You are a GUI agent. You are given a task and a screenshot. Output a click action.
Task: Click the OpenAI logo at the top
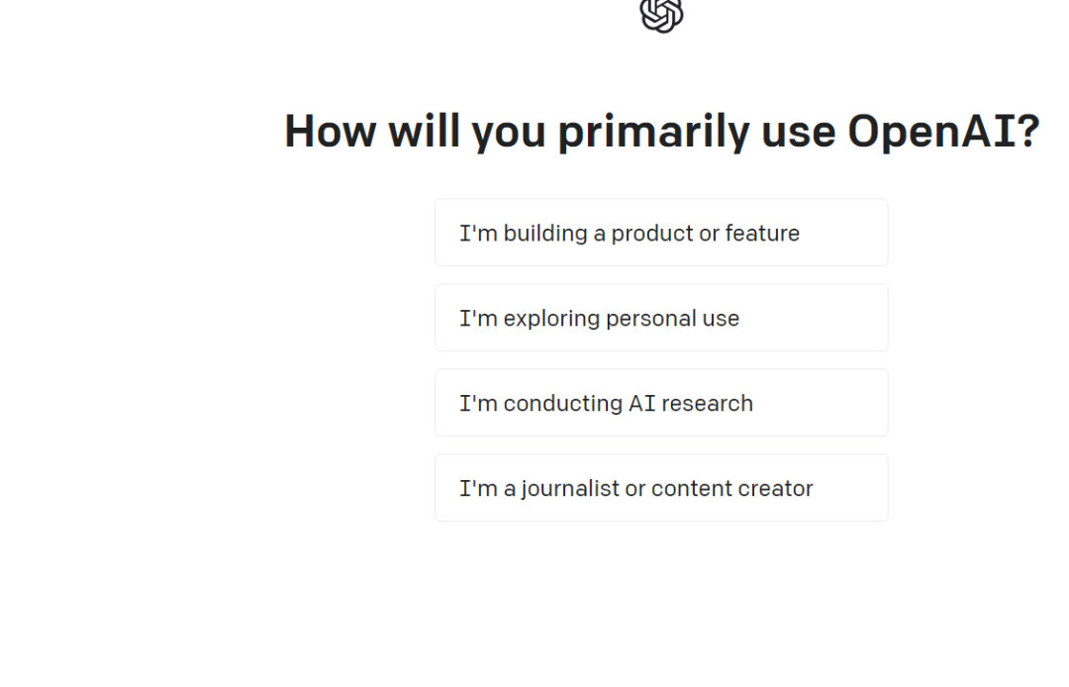[x=661, y=14]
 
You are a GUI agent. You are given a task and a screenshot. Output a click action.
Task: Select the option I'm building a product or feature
[x=661, y=233]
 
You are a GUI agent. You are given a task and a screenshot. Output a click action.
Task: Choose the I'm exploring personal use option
[x=661, y=318]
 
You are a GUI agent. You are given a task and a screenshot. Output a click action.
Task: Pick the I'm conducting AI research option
[x=661, y=403]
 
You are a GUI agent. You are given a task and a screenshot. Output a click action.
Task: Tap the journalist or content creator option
[x=661, y=488]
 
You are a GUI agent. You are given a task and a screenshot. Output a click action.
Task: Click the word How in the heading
[x=330, y=131]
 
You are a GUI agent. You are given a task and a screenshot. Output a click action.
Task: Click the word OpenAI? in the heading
[x=943, y=131]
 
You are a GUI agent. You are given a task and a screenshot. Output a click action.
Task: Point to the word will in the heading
[x=424, y=131]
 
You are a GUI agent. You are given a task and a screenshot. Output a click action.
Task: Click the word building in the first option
[x=545, y=234]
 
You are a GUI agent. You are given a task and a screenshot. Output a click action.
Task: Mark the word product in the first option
[x=651, y=234]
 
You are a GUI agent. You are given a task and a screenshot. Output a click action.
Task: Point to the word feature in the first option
[x=762, y=233]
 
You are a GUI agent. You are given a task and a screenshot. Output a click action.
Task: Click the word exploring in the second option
[x=551, y=319]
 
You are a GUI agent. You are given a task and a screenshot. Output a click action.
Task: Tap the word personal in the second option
[x=651, y=319]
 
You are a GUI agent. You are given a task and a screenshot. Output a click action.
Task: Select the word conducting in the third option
[x=563, y=404]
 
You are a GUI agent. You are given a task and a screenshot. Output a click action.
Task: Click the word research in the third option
[x=707, y=404]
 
